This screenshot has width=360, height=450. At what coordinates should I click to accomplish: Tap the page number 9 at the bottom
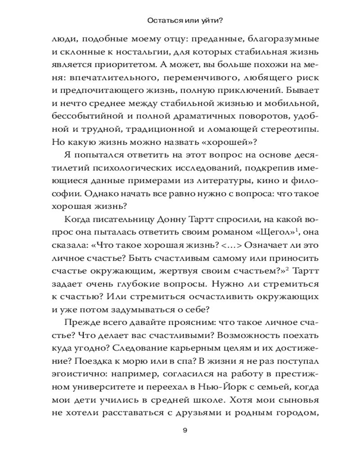click(x=185, y=430)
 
